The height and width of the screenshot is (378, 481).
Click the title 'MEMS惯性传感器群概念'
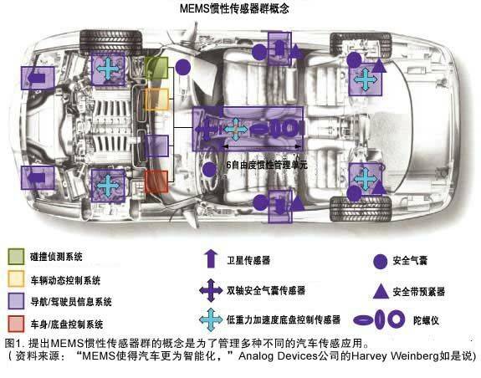234,8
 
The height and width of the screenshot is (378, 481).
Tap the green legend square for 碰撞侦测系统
16,256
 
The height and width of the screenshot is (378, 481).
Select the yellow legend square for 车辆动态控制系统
16,278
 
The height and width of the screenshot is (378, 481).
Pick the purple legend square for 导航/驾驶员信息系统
16,301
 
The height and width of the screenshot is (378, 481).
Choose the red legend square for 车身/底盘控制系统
16,324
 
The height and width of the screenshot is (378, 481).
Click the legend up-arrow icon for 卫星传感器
211,259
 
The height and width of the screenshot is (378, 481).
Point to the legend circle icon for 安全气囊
381,262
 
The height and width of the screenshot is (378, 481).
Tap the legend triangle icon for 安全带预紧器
381,292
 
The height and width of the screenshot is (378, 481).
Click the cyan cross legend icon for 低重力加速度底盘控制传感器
211,319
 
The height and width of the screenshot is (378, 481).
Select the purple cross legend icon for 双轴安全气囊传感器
211,290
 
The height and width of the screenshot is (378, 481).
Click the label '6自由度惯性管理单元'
267,165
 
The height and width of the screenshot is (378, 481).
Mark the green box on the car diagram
156,68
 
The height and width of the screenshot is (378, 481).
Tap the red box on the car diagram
156,181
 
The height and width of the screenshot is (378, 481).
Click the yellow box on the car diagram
156,99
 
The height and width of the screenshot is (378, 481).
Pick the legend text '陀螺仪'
426,320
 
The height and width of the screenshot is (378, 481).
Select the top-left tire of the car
111,43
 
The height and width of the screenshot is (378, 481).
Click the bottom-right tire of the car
361,209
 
